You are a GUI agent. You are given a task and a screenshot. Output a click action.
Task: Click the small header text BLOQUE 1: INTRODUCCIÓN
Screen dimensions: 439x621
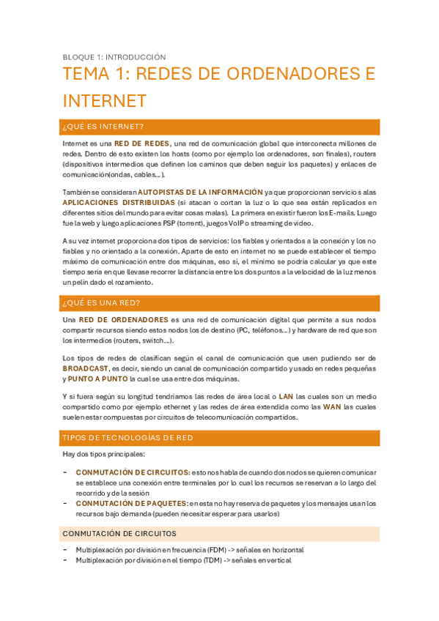(114, 57)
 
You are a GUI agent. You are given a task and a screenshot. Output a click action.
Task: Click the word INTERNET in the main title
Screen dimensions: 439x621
(105, 100)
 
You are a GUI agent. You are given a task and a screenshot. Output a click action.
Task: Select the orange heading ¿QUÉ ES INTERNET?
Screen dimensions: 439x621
(103, 127)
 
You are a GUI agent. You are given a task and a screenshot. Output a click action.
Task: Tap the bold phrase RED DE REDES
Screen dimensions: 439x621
(142, 144)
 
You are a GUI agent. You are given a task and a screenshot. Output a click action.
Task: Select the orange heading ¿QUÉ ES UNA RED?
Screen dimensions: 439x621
(102, 303)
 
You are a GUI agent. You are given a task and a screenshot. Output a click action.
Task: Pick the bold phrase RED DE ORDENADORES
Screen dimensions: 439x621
(124, 320)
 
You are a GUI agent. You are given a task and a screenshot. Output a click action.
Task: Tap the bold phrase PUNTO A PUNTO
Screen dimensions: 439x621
(97, 379)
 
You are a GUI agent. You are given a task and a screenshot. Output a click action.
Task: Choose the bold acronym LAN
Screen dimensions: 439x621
(286, 396)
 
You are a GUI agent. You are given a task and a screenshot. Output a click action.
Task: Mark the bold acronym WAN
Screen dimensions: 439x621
(332, 406)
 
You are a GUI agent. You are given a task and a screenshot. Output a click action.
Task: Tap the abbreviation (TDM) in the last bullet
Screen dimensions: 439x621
(213, 560)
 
